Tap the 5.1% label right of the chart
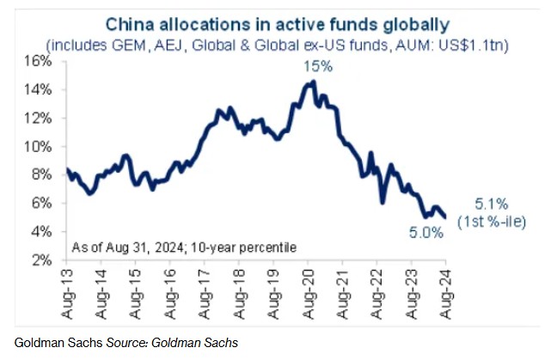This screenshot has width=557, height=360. pos(494,204)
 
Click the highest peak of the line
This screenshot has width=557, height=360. pos(312,82)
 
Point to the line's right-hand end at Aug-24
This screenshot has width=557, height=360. pos(444,217)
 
